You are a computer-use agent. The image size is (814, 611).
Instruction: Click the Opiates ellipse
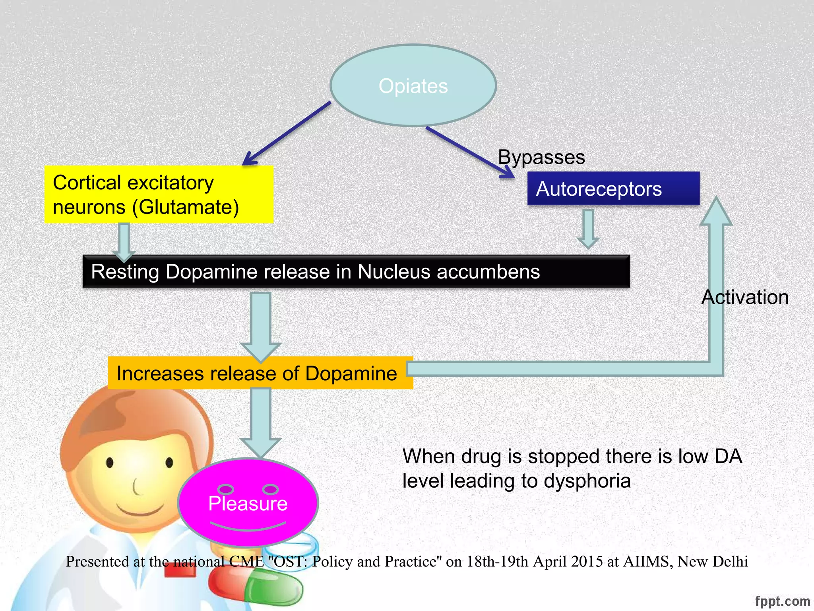(413, 86)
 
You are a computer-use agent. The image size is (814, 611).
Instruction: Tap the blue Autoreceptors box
(613, 189)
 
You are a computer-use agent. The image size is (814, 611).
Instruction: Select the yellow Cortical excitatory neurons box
(159, 195)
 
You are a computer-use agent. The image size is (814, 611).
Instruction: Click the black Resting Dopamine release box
(356, 272)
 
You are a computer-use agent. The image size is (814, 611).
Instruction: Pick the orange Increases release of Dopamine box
(260, 373)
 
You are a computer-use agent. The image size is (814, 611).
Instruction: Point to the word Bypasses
(541, 157)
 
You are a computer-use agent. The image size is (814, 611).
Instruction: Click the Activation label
(745, 297)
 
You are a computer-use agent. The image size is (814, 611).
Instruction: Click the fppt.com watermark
(782, 601)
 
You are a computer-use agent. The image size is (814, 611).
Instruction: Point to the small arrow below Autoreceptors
(588, 229)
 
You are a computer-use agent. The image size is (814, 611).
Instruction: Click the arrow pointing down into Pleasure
(261, 422)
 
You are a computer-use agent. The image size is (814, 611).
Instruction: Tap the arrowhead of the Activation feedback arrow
(716, 211)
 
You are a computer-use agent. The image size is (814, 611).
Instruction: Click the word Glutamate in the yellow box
(185, 207)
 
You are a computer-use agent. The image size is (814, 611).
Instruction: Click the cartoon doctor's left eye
(110, 462)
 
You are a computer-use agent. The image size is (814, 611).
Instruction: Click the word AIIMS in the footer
(647, 561)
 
